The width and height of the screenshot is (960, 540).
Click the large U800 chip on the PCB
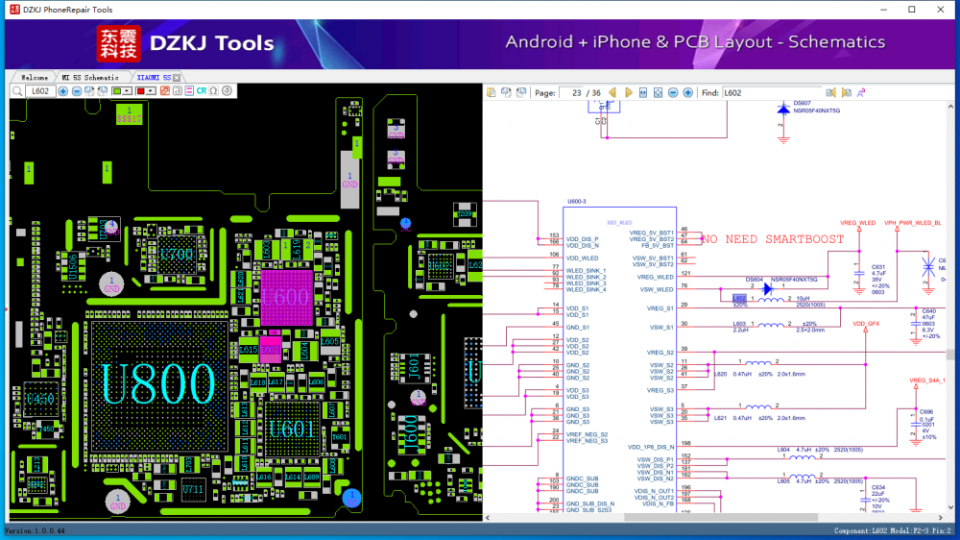[x=158, y=383]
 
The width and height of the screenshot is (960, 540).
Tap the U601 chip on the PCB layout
[x=291, y=429]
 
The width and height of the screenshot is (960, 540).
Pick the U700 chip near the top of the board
[x=177, y=255]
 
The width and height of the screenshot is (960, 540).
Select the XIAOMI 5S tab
[x=154, y=77]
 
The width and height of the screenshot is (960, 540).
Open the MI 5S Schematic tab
[x=90, y=77]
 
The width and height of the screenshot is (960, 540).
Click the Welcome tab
[x=35, y=77]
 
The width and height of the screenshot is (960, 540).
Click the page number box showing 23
[x=574, y=93]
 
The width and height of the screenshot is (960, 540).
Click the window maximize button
[x=912, y=10]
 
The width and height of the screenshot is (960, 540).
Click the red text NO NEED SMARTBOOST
[x=772, y=239]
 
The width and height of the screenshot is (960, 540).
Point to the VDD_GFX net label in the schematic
[x=866, y=324]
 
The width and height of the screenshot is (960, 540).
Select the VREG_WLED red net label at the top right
[x=857, y=223]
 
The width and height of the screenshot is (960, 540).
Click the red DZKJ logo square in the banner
[x=118, y=44]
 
